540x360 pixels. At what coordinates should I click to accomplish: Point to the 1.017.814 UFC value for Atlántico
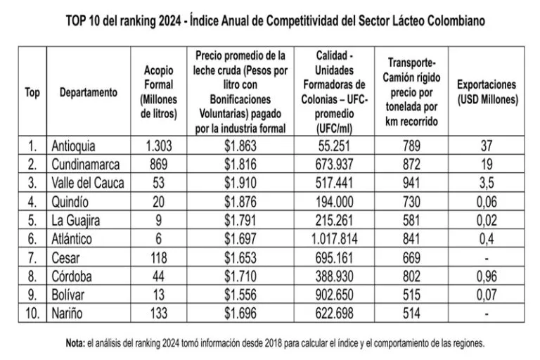click(335, 238)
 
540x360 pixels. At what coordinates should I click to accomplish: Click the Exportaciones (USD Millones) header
click(487, 92)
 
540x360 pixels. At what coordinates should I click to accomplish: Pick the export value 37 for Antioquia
click(487, 146)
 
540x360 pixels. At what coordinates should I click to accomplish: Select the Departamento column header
click(89, 92)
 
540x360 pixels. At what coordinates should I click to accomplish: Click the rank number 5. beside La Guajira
click(32, 219)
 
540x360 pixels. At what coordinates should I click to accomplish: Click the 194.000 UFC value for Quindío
click(335, 201)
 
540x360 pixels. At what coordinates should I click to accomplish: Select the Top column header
click(32, 92)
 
